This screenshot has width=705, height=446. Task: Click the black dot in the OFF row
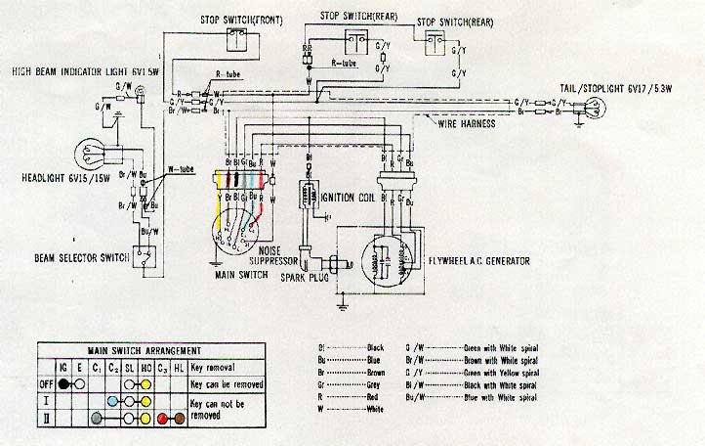(63, 383)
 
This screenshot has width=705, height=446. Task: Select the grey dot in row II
(96, 419)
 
